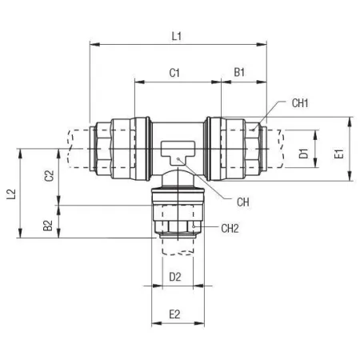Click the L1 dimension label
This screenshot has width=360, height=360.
pyautogui.click(x=177, y=36)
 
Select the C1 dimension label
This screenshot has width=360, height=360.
pyautogui.click(x=174, y=73)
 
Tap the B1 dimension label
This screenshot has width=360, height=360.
pyautogui.click(x=239, y=72)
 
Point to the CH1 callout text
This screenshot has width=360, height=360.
pyautogui.click(x=300, y=103)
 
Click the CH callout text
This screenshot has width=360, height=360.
pyautogui.click(x=243, y=202)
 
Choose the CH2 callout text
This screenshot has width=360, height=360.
pyautogui.click(x=230, y=229)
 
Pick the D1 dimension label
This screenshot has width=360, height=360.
pyautogui.click(x=303, y=154)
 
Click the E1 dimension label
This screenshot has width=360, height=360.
pyautogui.click(x=339, y=154)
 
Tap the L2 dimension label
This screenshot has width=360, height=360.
pyautogui.click(x=11, y=194)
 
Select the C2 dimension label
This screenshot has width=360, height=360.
pyautogui.click(x=49, y=176)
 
